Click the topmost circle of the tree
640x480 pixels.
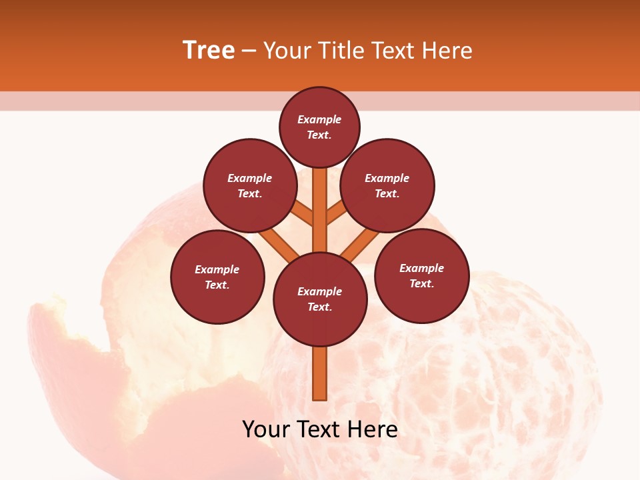click(x=319, y=127)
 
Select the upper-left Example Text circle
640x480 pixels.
click(x=250, y=185)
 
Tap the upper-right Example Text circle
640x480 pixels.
click(x=387, y=185)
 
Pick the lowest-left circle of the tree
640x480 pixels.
click(x=217, y=277)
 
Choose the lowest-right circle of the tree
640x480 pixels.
click(x=421, y=275)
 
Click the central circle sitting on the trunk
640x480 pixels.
click(x=320, y=299)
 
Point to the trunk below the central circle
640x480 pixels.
click(x=320, y=373)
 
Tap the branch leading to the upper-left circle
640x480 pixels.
click(x=303, y=213)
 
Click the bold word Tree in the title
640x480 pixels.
click(x=209, y=50)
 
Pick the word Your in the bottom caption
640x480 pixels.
click(x=265, y=429)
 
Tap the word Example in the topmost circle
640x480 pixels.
click(x=319, y=119)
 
